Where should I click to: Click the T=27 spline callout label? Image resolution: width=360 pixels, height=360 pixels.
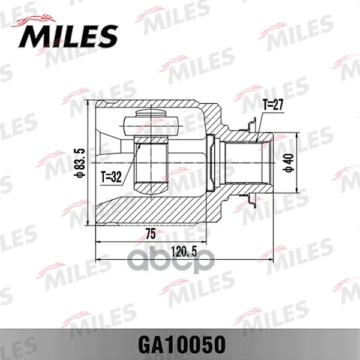tap(273, 105)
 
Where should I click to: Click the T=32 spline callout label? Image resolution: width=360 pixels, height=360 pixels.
tap(111, 177)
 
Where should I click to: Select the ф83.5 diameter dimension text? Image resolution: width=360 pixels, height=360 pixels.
tap(80, 163)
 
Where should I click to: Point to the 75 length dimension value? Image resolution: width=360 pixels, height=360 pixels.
tap(151, 234)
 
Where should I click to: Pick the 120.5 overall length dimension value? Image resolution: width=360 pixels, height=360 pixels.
tap(184, 253)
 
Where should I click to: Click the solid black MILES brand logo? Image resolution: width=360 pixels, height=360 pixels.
tap(68, 36)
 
